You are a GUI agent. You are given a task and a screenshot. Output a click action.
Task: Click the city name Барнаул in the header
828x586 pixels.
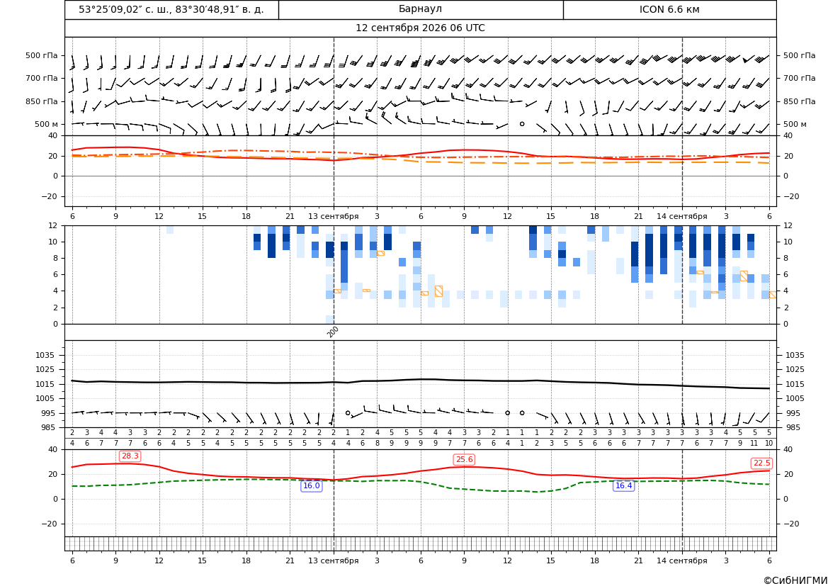[420, 9]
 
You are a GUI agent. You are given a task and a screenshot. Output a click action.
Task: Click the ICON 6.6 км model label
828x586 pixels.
[669, 9]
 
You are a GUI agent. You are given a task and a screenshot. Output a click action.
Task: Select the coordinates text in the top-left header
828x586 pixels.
[171, 9]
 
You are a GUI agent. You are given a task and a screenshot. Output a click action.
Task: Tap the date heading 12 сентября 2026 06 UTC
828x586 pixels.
[420, 28]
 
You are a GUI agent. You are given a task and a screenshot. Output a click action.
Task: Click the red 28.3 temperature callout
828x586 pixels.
[130, 456]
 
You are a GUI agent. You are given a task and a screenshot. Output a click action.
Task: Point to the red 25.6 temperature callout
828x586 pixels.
[464, 460]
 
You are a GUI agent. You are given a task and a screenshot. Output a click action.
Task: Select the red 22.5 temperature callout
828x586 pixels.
[761, 463]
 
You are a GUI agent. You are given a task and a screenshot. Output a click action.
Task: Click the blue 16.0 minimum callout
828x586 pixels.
[311, 486]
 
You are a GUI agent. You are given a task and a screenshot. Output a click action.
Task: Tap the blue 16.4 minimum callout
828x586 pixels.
[623, 485]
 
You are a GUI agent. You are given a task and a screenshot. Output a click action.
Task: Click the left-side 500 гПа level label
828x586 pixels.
[42, 55]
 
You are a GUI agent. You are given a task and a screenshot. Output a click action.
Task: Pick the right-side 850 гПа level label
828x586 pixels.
[800, 101]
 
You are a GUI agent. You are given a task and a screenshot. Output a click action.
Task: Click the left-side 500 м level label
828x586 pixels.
[47, 124]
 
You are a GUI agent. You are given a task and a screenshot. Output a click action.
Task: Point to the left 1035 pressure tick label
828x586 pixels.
[47, 355]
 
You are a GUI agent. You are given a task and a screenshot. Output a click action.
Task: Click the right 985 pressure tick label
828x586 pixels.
[792, 427]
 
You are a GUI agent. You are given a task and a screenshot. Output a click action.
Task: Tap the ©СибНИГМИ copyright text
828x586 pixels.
[795, 581]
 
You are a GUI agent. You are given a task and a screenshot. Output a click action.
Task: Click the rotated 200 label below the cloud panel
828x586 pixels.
[333, 332]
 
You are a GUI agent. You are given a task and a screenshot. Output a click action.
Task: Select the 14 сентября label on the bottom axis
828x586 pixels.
[681, 560]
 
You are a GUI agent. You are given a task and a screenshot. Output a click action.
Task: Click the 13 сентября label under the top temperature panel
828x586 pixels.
[333, 217]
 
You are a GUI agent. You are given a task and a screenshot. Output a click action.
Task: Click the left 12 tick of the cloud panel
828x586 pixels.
[53, 225]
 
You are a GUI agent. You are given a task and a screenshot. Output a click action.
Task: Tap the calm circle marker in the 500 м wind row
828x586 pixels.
[522, 124]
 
